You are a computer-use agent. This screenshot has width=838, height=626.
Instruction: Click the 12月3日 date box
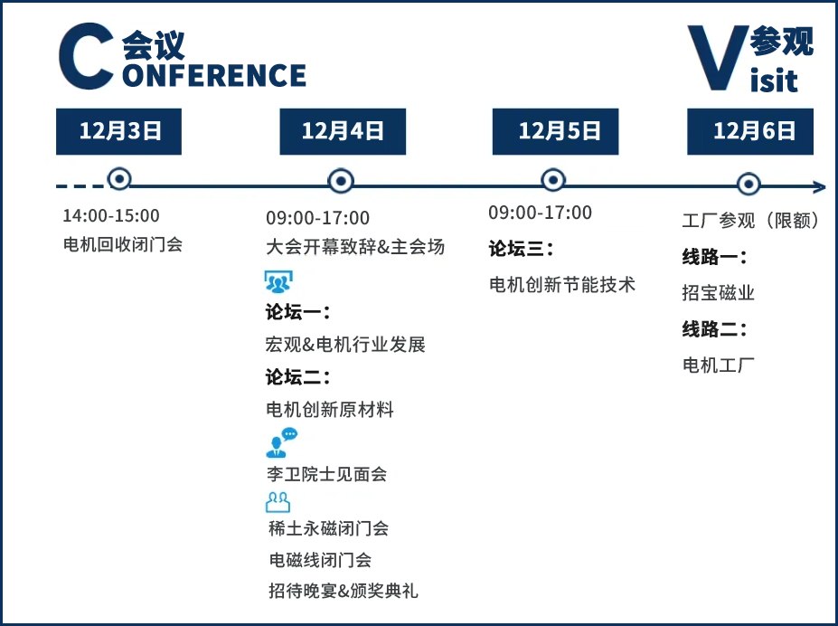(118, 131)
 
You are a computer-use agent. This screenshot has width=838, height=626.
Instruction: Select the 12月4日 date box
(343, 131)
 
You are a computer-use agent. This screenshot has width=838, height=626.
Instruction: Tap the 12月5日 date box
(555, 131)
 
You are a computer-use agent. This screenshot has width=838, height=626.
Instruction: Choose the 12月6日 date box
(749, 131)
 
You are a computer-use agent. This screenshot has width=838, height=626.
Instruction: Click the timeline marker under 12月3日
(119, 178)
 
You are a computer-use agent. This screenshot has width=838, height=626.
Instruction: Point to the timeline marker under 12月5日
(553, 180)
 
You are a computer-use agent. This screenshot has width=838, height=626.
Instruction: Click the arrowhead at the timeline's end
(820, 186)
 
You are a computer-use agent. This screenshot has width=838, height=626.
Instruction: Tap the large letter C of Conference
(86, 56)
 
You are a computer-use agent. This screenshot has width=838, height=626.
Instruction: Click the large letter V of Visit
(718, 57)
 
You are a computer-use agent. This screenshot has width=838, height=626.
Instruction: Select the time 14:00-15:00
(111, 215)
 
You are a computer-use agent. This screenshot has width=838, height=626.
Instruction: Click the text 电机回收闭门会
(123, 244)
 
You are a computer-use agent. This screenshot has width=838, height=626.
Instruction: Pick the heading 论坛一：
(297, 312)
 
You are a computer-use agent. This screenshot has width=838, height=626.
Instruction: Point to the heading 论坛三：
(521, 249)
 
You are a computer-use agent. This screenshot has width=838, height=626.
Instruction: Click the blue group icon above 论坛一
(278, 281)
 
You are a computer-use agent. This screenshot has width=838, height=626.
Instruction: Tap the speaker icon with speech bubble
(281, 442)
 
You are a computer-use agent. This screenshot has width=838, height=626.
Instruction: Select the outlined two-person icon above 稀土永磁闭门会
(278, 502)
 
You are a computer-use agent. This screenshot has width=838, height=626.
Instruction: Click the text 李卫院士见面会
(326, 474)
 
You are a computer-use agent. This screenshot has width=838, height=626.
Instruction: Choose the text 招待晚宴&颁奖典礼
(344, 591)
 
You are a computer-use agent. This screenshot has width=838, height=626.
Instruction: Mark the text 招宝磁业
(719, 293)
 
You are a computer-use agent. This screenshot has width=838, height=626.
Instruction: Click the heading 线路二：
(714, 329)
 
